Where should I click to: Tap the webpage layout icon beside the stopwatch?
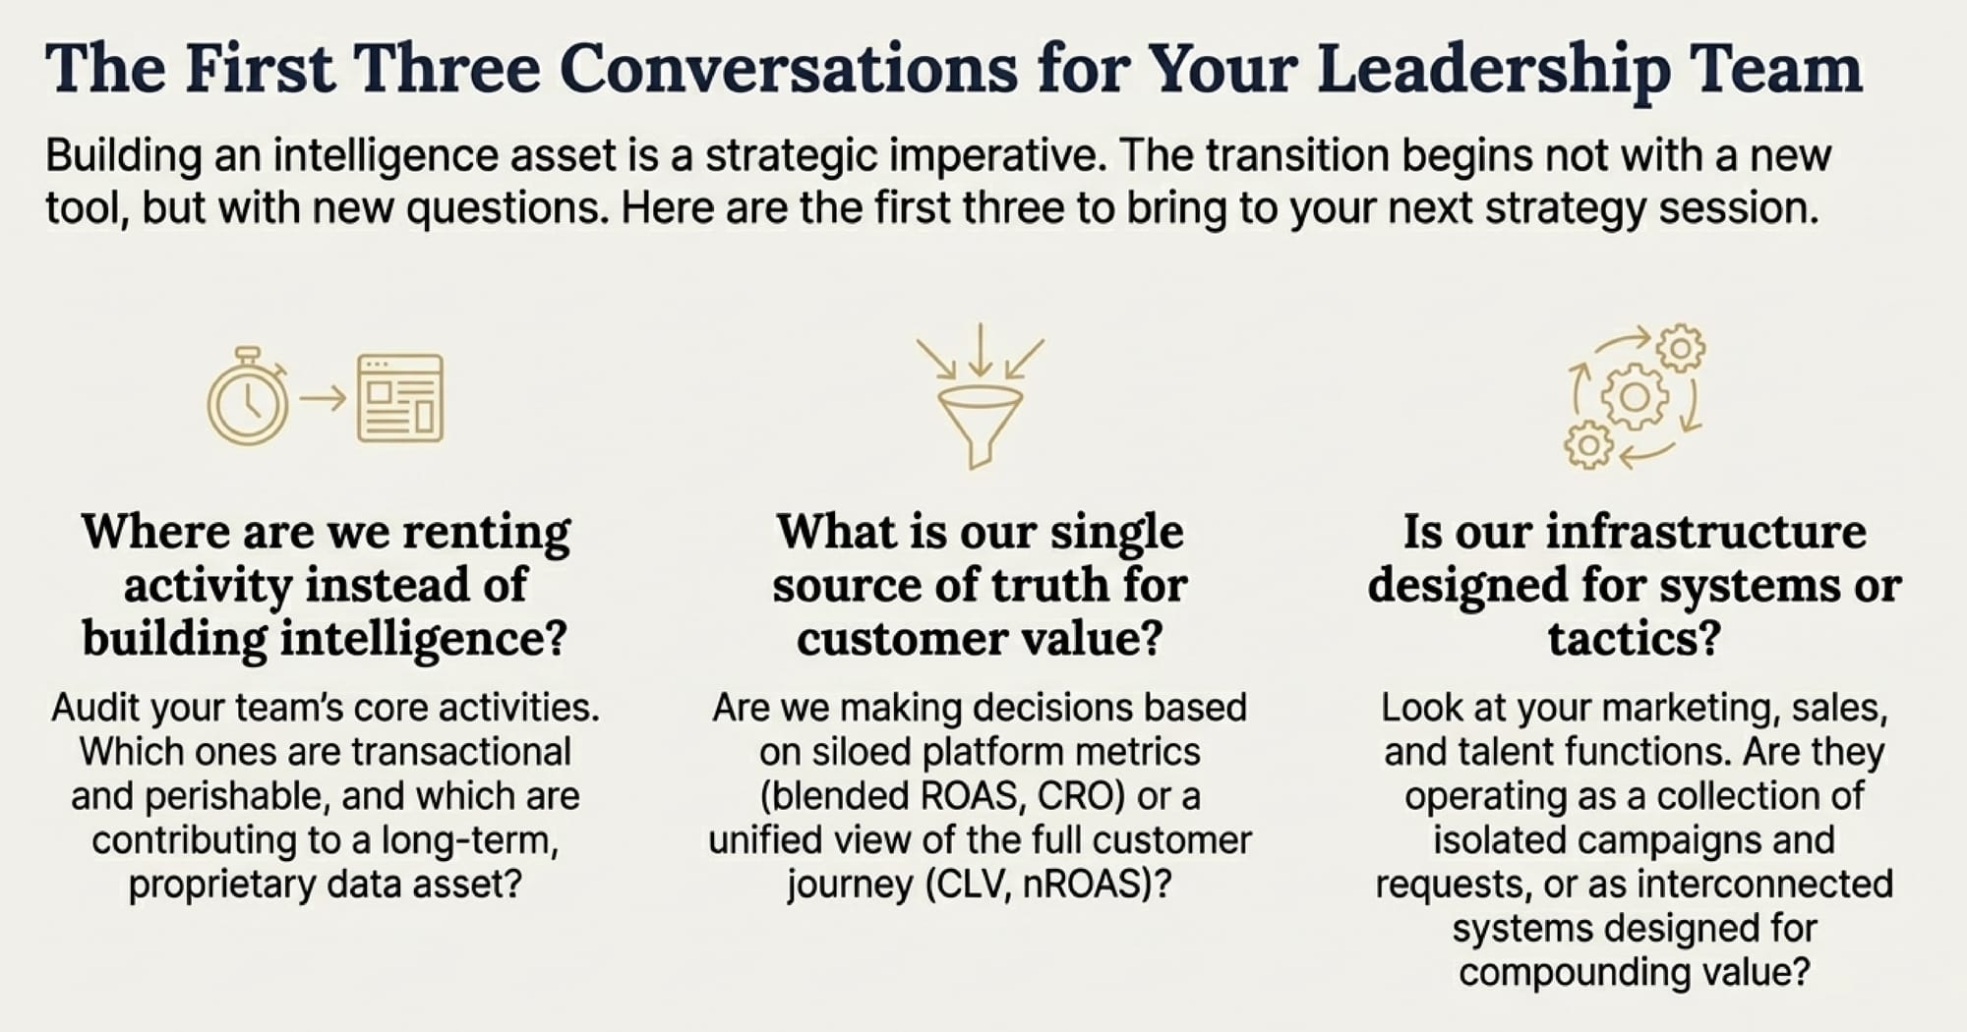point(400,398)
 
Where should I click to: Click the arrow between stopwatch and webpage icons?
point(323,398)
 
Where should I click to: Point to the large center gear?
point(1635,396)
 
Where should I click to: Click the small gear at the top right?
point(1681,348)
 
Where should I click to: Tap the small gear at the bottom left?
point(1588,445)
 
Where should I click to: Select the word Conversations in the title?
point(789,69)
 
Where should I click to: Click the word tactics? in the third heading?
point(1635,639)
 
